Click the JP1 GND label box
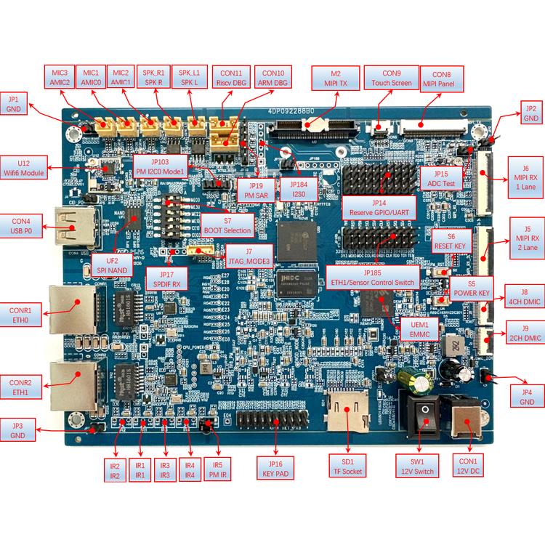15,104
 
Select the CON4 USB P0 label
21,226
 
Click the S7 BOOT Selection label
227,225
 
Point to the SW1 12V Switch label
417,466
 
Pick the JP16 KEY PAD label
275,469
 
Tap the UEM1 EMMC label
419,329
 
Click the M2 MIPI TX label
335,78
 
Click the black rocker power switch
421,416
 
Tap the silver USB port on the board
71,227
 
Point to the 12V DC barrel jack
464,420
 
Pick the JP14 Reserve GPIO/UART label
378,207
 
